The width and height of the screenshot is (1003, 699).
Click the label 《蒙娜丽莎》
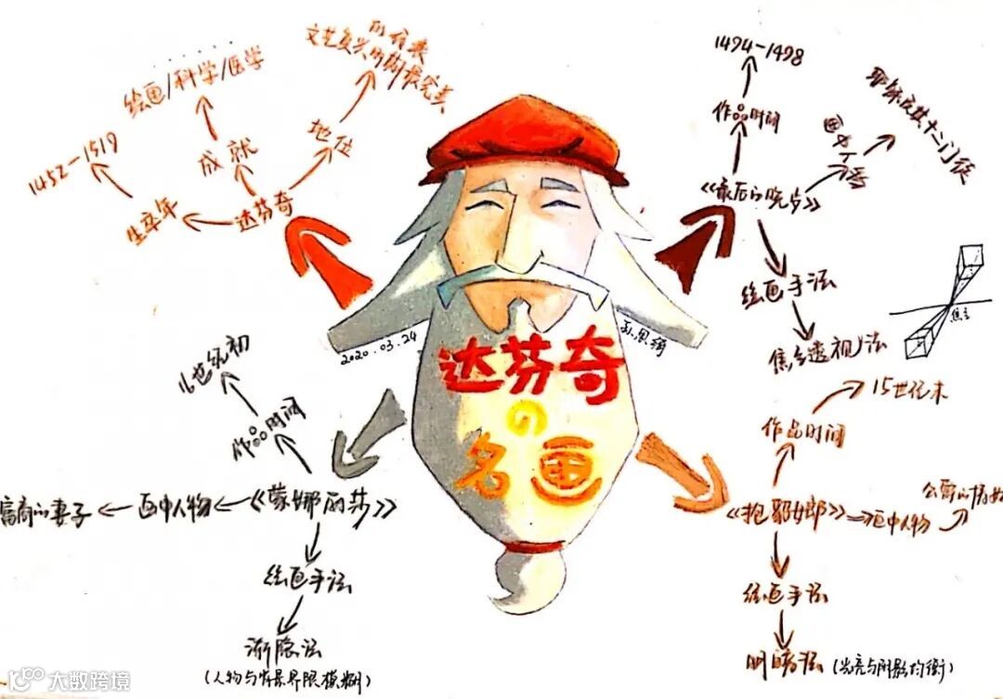pyautogui.click(x=325, y=506)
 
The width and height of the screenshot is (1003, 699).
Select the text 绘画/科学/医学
pyautogui.click(x=195, y=78)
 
